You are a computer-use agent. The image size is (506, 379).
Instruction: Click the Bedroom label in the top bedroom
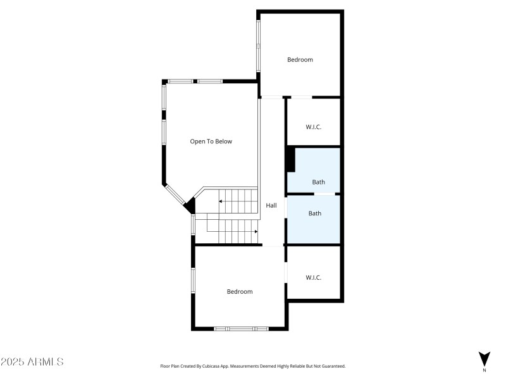tap(300, 60)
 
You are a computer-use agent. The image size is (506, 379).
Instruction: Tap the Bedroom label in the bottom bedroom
tap(240, 292)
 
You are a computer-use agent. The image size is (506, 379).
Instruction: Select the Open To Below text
tap(211, 141)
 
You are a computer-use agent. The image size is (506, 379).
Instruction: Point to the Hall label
tap(271, 206)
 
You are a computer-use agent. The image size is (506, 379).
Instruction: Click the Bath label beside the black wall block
tap(319, 183)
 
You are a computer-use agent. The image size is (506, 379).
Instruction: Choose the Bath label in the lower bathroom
tap(315, 214)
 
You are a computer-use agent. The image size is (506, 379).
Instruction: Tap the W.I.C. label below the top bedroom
tap(314, 127)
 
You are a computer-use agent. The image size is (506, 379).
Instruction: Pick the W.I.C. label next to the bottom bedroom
tap(314, 277)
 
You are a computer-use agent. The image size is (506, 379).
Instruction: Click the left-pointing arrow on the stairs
tap(221, 202)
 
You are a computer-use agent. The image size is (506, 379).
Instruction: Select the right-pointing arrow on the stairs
tap(255, 232)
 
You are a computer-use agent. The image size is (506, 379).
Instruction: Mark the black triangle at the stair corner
tap(190, 205)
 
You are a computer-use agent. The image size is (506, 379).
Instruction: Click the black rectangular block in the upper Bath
tap(290, 159)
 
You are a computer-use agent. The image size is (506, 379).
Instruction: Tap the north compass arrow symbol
tap(484, 358)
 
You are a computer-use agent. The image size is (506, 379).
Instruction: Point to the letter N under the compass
tap(484, 370)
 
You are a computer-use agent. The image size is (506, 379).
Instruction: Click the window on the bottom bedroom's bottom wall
tap(241, 328)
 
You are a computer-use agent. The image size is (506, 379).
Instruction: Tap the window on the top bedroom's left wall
tap(258, 45)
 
